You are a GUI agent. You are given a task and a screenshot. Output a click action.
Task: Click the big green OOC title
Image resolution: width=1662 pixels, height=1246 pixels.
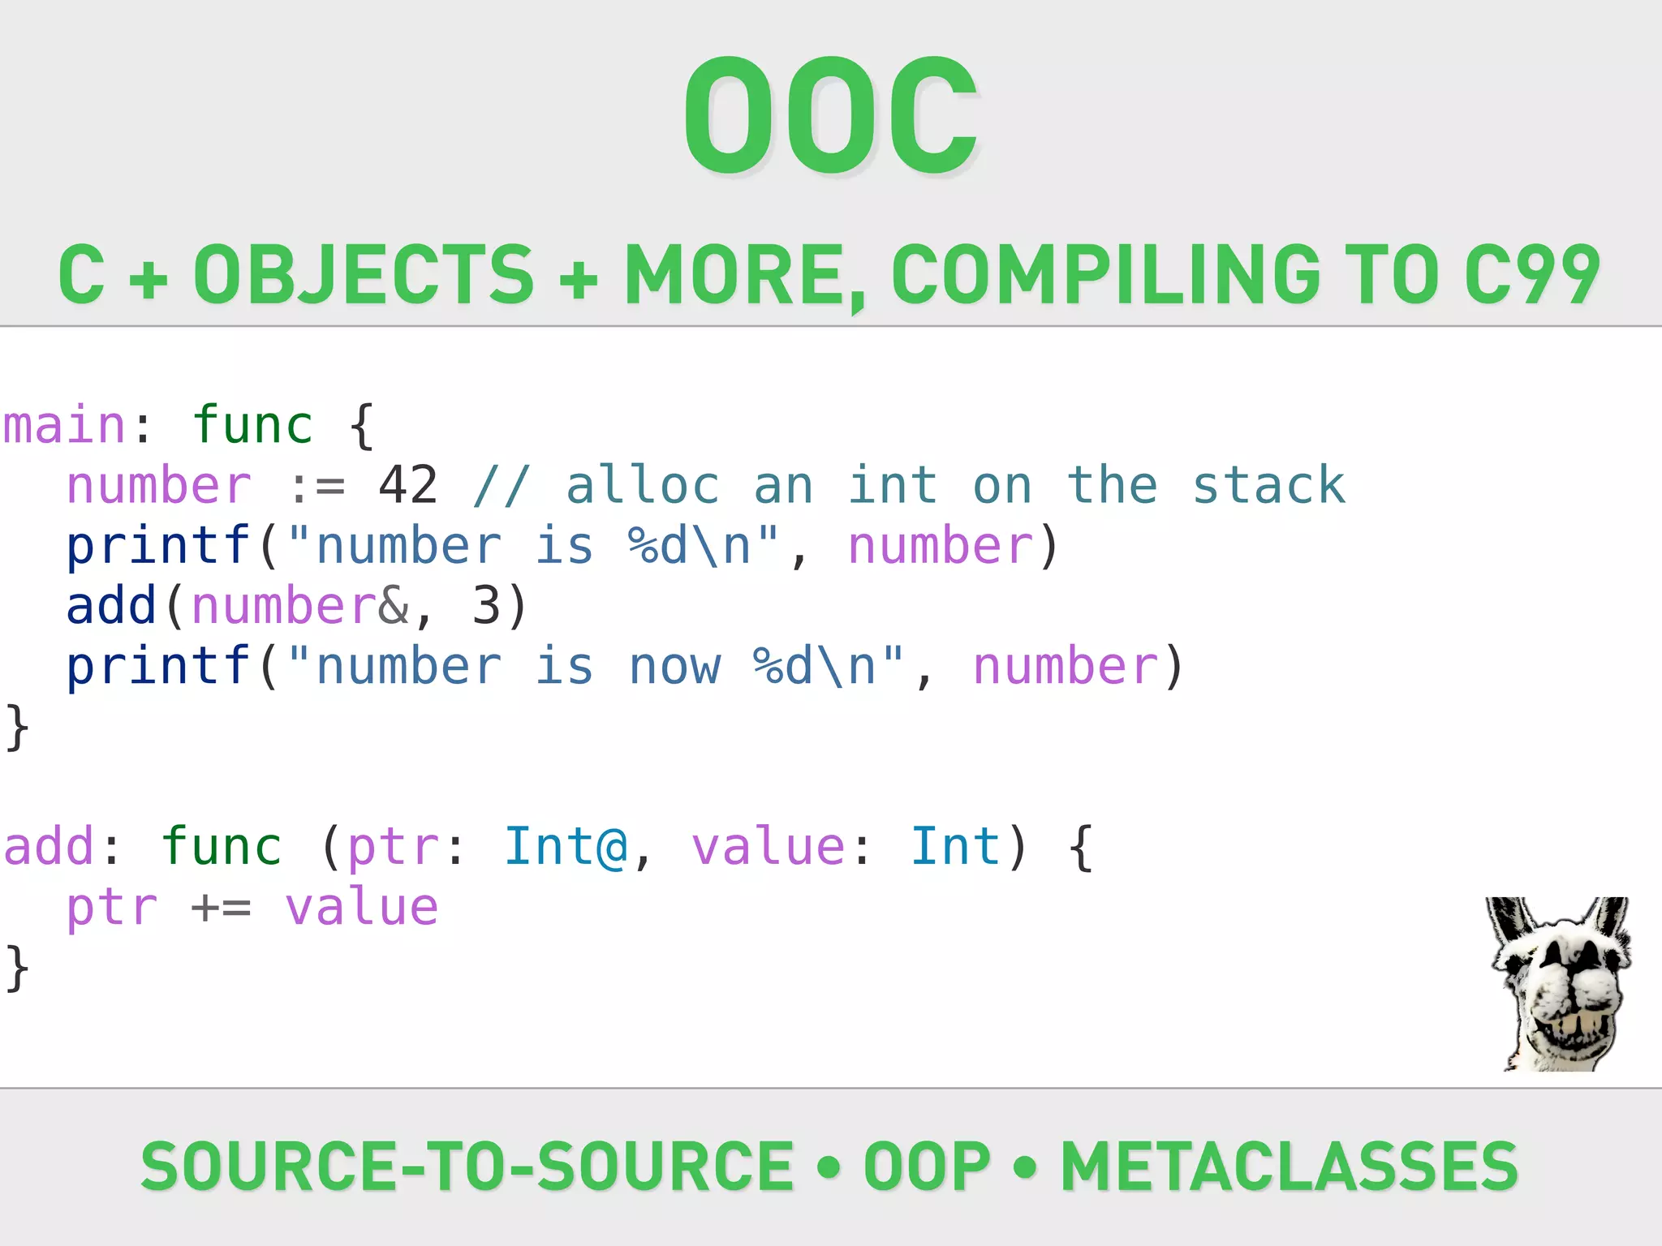[831, 115]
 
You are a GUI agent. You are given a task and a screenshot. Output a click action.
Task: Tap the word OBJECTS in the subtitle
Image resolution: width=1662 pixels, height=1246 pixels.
[364, 275]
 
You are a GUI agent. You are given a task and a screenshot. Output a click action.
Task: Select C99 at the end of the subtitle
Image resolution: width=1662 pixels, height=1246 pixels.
[1532, 275]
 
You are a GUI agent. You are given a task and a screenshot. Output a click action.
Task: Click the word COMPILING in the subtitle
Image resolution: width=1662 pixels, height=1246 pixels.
[1105, 275]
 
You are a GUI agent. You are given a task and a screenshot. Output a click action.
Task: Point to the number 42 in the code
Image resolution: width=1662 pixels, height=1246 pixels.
[408, 485]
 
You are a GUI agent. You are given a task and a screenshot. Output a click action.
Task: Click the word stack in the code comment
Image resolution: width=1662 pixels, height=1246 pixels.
[1268, 485]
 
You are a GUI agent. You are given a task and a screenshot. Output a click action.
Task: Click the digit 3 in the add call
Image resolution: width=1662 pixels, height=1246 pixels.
[486, 606]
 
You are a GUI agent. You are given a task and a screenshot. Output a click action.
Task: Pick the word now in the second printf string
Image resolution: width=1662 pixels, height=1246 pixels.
[674, 666]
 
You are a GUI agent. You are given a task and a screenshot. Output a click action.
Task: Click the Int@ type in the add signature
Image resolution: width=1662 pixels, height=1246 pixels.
[566, 847]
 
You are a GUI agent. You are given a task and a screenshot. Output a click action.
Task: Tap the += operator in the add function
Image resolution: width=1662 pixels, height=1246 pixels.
[221, 908]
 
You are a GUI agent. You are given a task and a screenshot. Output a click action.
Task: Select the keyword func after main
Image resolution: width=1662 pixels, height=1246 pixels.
[252, 425]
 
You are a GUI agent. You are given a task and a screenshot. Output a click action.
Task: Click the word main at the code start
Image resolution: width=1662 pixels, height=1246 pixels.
[64, 425]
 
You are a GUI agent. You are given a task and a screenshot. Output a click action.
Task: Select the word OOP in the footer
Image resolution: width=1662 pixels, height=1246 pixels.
[927, 1166]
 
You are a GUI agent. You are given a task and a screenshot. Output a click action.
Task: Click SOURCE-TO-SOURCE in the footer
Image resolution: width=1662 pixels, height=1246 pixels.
[467, 1166]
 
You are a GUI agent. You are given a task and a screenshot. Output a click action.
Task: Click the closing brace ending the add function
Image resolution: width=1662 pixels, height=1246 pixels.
[17, 968]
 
